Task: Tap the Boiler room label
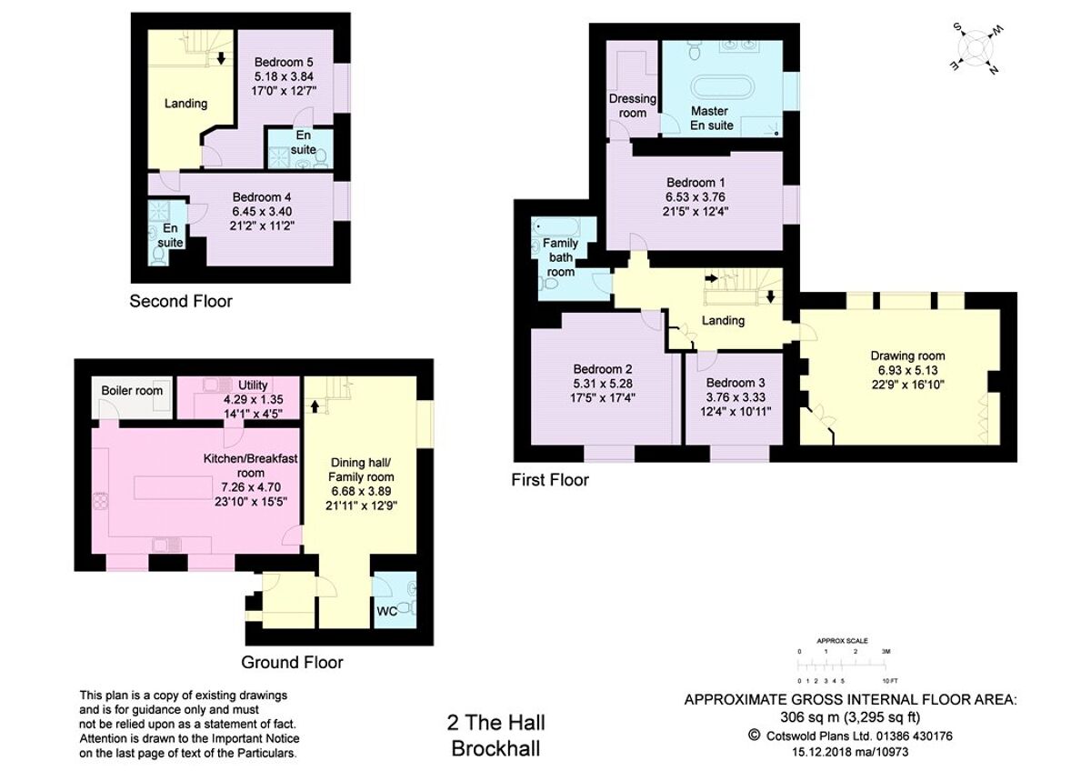point(132,391)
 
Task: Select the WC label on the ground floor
point(386,611)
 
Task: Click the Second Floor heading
point(181,301)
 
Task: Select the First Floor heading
point(549,479)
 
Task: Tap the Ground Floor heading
point(292,662)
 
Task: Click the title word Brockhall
point(495,748)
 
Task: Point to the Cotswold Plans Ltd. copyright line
point(849,735)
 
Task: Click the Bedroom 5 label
point(284,62)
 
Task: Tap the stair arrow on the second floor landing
point(221,59)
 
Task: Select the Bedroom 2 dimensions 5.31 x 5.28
point(603,383)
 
